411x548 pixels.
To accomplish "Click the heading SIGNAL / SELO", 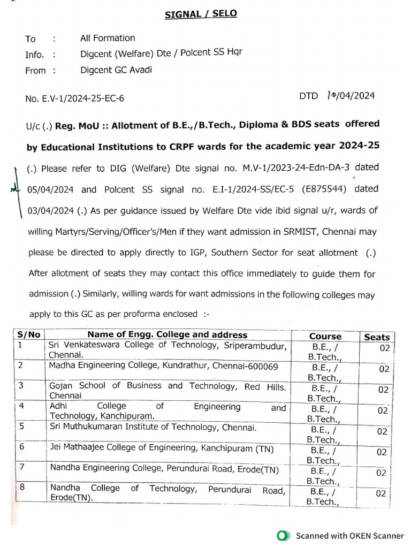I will click(201, 13).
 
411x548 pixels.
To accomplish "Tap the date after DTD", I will click(351, 96).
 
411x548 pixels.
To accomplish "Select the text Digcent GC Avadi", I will click(116, 70).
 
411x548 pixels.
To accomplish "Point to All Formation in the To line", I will click(108, 38).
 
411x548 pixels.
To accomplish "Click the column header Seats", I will click(377, 337).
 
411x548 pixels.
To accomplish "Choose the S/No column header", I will click(29, 335).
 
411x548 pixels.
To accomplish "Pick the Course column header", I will click(325, 336).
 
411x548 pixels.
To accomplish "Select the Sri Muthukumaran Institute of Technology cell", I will click(153, 427).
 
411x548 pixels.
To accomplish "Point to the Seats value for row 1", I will click(383, 348).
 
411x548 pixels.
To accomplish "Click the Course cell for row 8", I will click(324, 497).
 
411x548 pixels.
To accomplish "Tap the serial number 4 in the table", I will click(21, 406).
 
